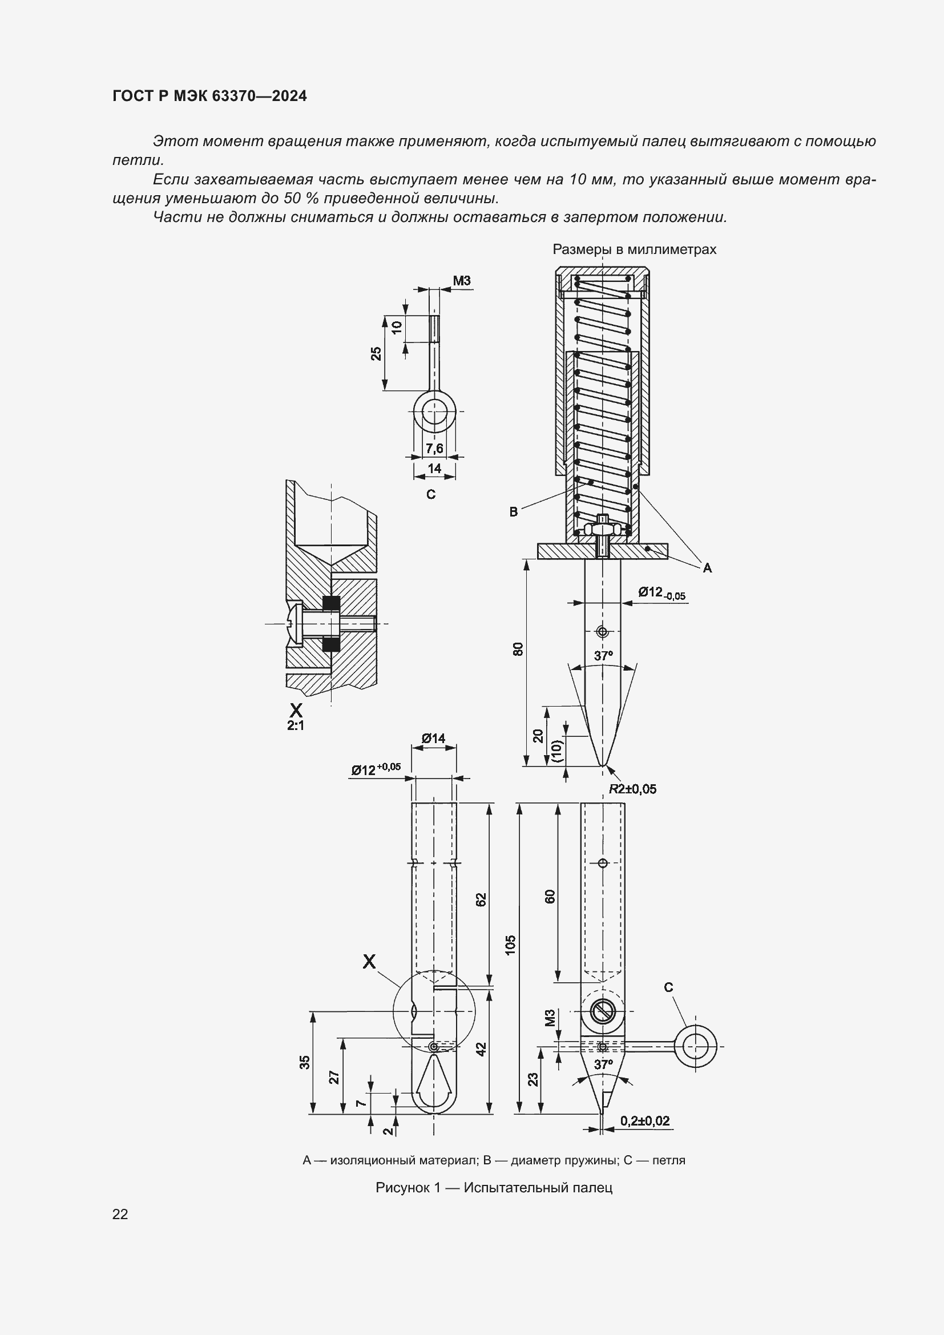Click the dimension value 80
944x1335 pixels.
tap(518, 649)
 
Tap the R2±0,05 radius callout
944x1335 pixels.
tap(632, 789)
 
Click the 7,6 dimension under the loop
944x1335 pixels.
tap(434, 448)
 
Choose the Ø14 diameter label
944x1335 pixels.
tap(434, 738)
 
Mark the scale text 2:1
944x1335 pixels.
tap(296, 725)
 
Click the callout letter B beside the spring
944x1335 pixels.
tap(513, 512)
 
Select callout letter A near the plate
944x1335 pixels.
tap(707, 568)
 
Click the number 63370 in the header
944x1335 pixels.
tap(234, 96)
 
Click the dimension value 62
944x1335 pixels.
tap(481, 900)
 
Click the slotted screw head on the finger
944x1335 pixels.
tap(603, 1012)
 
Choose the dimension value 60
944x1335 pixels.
tap(550, 896)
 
